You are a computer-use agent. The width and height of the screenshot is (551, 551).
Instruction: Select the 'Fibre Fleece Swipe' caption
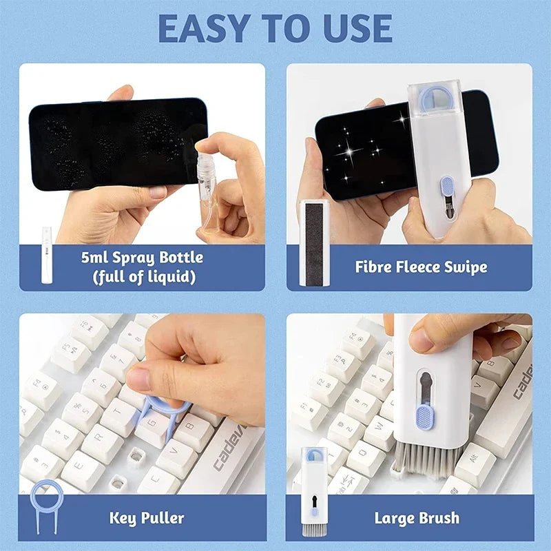(421, 267)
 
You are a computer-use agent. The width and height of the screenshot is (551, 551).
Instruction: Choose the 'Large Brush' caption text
(417, 517)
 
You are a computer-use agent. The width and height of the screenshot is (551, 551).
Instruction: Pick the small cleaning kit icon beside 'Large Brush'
(314, 490)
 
